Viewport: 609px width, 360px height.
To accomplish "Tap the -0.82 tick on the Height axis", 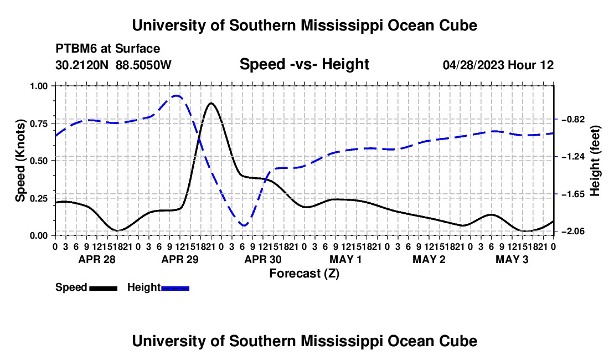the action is (573, 119).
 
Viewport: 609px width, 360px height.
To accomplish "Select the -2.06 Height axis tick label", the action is (573, 232).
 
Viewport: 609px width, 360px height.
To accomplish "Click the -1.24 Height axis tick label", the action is (573, 157).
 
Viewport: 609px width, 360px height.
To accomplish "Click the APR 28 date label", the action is (97, 259).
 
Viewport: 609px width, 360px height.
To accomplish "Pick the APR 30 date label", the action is (263, 259).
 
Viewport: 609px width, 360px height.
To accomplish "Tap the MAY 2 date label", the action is (429, 259).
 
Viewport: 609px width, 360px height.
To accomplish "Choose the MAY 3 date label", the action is (512, 259).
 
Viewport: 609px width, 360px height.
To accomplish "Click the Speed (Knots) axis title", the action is (20, 161).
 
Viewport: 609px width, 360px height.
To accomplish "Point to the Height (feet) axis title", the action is (595, 161).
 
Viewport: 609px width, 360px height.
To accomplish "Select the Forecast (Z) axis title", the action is (304, 274).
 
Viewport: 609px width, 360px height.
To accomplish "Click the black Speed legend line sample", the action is (104, 288).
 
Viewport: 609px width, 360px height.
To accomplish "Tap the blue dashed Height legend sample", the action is (175, 288).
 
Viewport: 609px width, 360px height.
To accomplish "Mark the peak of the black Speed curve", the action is (211, 103).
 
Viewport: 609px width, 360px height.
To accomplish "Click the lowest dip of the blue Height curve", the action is (244, 225).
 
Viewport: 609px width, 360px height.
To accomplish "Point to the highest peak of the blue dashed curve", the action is (177, 95).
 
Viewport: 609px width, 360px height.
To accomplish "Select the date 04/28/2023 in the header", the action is (473, 65).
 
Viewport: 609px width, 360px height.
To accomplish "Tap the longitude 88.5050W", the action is (143, 65).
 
